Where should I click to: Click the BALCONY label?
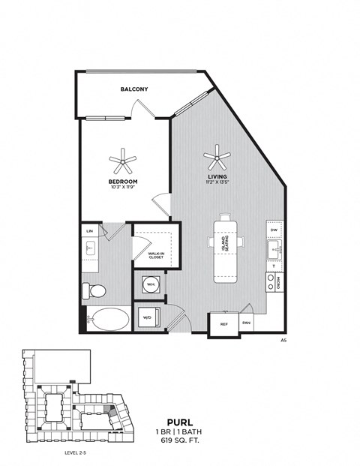(x=134, y=89)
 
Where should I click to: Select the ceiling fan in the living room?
(x=218, y=156)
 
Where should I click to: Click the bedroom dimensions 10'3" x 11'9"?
(x=122, y=188)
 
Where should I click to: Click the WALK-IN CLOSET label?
(x=156, y=256)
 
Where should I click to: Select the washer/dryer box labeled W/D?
(x=147, y=318)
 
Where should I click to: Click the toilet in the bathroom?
(x=95, y=290)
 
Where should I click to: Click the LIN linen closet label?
(x=89, y=231)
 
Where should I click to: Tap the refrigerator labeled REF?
(x=223, y=325)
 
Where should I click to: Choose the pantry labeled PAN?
(x=247, y=325)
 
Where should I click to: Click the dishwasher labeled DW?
(x=274, y=232)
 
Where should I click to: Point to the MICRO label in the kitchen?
(x=278, y=283)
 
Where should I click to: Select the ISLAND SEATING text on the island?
(x=223, y=247)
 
